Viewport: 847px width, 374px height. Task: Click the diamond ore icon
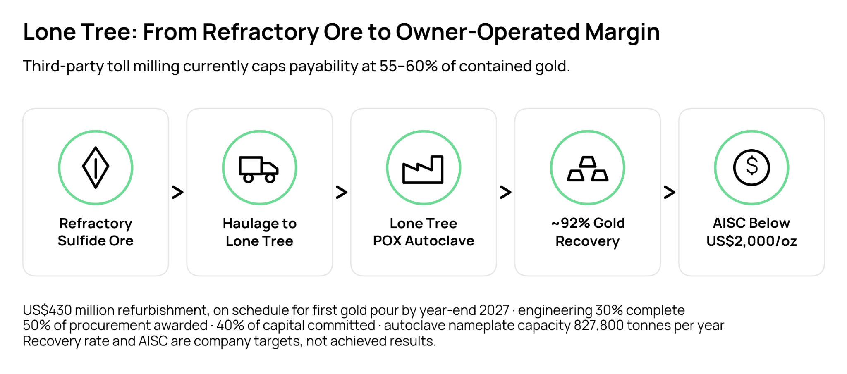pyautogui.click(x=96, y=167)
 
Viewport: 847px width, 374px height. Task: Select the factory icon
pyautogui.click(x=423, y=169)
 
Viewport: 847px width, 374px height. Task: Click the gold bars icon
pyautogui.click(x=587, y=169)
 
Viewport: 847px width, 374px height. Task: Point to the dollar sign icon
pyautogui.click(x=751, y=167)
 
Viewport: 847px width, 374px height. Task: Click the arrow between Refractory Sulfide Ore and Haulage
pyautogui.click(x=177, y=192)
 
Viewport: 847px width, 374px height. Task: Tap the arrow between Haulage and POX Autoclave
pyautogui.click(x=341, y=192)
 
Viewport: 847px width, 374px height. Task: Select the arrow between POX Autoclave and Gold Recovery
pyautogui.click(x=505, y=192)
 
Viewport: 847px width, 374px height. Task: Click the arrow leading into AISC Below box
pyautogui.click(x=669, y=192)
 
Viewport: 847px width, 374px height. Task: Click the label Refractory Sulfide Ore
pyautogui.click(x=96, y=232)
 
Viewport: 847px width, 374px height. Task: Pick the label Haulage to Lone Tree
pyautogui.click(x=259, y=232)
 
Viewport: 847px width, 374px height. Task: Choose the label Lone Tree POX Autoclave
pyautogui.click(x=423, y=232)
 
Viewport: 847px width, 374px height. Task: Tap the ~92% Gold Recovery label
pyautogui.click(x=588, y=232)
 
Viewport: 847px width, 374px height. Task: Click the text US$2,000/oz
pyautogui.click(x=751, y=241)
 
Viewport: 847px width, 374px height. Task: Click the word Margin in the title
pyautogui.click(x=622, y=32)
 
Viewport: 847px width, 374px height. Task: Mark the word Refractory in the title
pyautogui.click(x=261, y=32)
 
